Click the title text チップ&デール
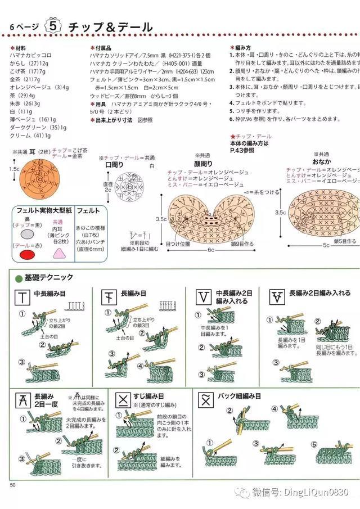click(x=110, y=27)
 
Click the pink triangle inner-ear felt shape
click(x=57, y=253)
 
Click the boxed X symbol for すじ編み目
click(x=122, y=400)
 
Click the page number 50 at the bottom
click(x=13, y=485)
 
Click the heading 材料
click(x=20, y=48)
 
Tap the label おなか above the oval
click(x=322, y=161)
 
